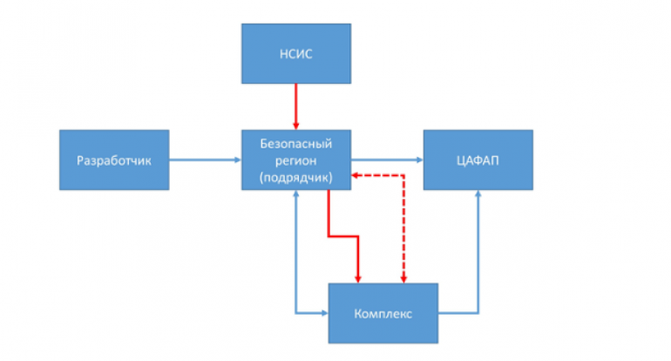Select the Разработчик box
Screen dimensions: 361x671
click(113, 160)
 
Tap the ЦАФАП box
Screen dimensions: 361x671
click(478, 160)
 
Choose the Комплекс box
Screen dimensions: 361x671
click(383, 312)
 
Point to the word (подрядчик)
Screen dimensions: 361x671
click(296, 177)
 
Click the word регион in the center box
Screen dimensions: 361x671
click(296, 159)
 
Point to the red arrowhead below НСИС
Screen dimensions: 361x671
click(296, 125)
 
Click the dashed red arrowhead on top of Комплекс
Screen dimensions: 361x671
click(404, 278)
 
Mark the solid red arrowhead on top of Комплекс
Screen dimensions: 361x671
click(358, 278)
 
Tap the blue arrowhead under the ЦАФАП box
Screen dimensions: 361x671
click(478, 194)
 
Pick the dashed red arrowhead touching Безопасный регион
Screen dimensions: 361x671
click(356, 176)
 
